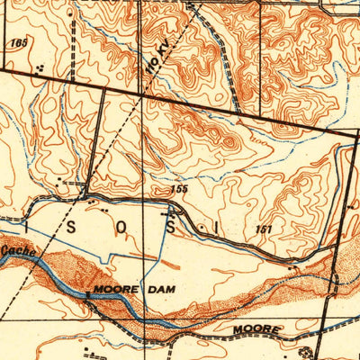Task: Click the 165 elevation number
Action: (x=17, y=42)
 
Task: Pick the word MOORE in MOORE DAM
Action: (x=112, y=290)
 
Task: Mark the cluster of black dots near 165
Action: (x=40, y=67)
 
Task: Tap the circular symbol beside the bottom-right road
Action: (x=312, y=354)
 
